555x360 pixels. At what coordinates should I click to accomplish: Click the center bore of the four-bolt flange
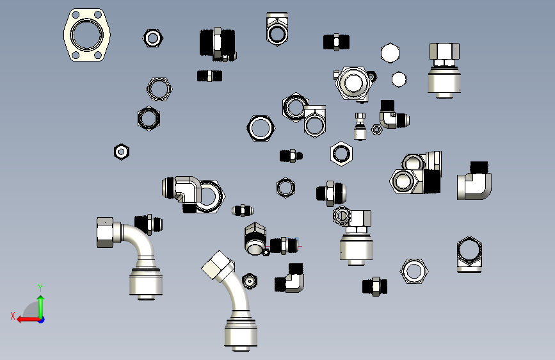click(x=86, y=35)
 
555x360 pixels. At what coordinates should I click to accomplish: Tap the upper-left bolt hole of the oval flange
click(x=76, y=15)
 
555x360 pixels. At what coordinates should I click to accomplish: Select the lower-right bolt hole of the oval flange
click(x=98, y=55)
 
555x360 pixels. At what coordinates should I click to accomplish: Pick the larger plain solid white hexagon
click(x=390, y=53)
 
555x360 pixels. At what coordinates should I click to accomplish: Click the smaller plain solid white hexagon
click(x=399, y=79)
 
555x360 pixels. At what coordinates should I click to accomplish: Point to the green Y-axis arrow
click(x=41, y=306)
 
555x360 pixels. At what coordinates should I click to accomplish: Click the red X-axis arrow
click(x=28, y=320)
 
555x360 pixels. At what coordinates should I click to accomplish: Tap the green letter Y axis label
click(x=40, y=288)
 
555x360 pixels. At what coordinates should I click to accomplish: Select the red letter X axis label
click(x=13, y=316)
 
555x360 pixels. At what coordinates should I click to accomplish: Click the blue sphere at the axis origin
click(x=42, y=320)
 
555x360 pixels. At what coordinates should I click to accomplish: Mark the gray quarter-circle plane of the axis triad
click(x=31, y=310)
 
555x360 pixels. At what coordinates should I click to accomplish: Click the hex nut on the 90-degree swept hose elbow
click(x=105, y=232)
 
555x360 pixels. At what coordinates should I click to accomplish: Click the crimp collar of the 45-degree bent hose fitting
click(x=241, y=332)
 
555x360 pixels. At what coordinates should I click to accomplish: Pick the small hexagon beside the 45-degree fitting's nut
click(x=250, y=281)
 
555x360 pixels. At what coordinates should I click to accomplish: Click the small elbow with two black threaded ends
click(x=289, y=278)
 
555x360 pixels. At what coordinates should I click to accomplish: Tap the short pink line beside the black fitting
click(x=300, y=246)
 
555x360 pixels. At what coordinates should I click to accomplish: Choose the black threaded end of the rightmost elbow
click(x=479, y=167)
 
